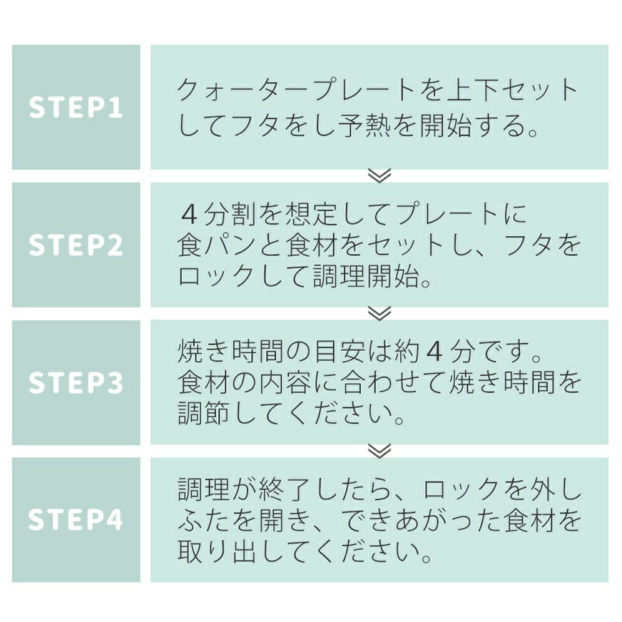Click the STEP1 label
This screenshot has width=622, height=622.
point(76,108)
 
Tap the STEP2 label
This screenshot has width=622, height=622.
point(76,245)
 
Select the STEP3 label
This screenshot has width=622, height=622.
point(76,383)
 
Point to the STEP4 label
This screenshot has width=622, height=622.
point(76,521)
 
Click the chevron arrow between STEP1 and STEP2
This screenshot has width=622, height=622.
point(379,176)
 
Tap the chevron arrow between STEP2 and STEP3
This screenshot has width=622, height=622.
point(379,313)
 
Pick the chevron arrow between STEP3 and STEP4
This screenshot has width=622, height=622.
point(379,451)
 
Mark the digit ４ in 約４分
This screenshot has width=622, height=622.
point(435,354)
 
